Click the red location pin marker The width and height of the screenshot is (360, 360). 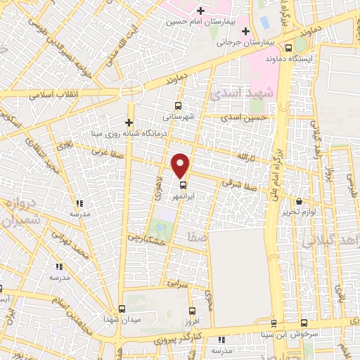click(181, 165)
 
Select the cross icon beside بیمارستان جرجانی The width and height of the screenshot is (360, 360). click(245, 31)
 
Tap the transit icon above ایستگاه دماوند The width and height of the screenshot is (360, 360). click(289, 48)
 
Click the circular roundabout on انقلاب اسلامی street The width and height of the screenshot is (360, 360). click(131, 91)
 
